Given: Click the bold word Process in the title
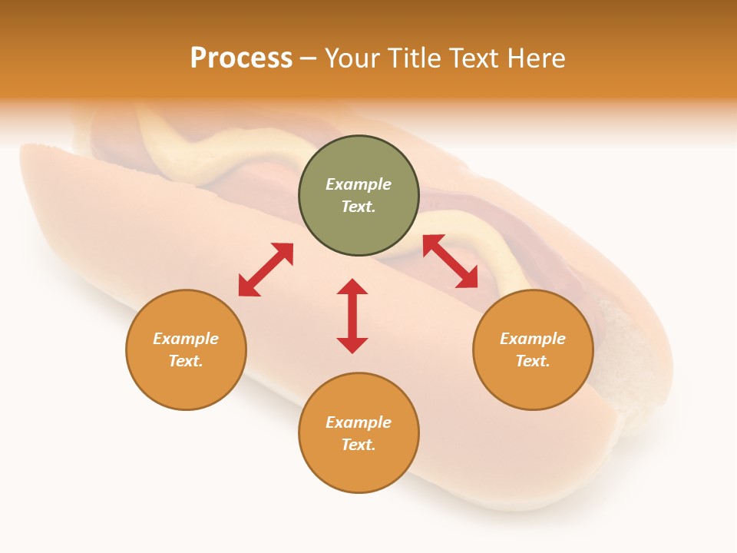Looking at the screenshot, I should (x=241, y=58).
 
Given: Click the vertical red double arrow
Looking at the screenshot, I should (x=352, y=316).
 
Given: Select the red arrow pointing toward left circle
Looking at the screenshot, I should (x=266, y=270).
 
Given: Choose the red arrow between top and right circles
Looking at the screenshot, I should (x=450, y=261).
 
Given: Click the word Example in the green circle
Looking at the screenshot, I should (x=359, y=184).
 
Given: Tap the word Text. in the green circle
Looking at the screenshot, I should (x=359, y=207).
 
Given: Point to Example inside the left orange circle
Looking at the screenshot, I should (x=186, y=339).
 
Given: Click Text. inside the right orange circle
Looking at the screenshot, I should (x=533, y=361).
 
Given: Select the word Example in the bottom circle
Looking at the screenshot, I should (x=359, y=422).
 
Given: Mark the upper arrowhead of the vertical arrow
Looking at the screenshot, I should (x=352, y=287).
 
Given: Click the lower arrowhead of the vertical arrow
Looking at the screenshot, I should (x=352, y=345).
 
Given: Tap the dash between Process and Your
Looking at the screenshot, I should (x=308, y=59).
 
